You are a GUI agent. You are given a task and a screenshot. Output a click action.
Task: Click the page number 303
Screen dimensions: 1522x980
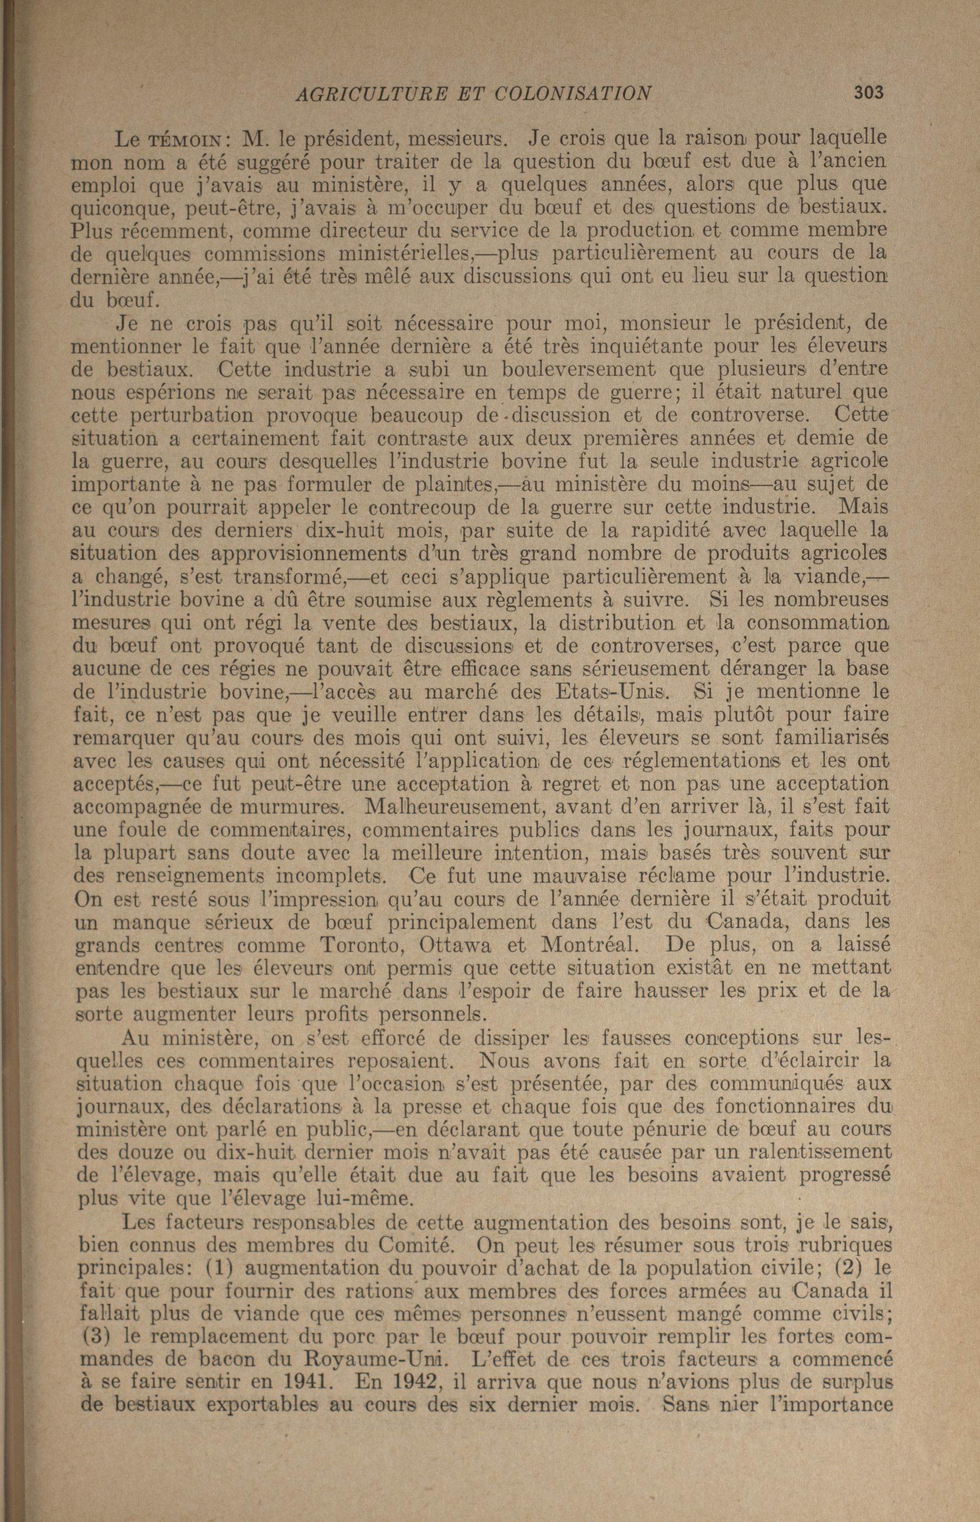[869, 93]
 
